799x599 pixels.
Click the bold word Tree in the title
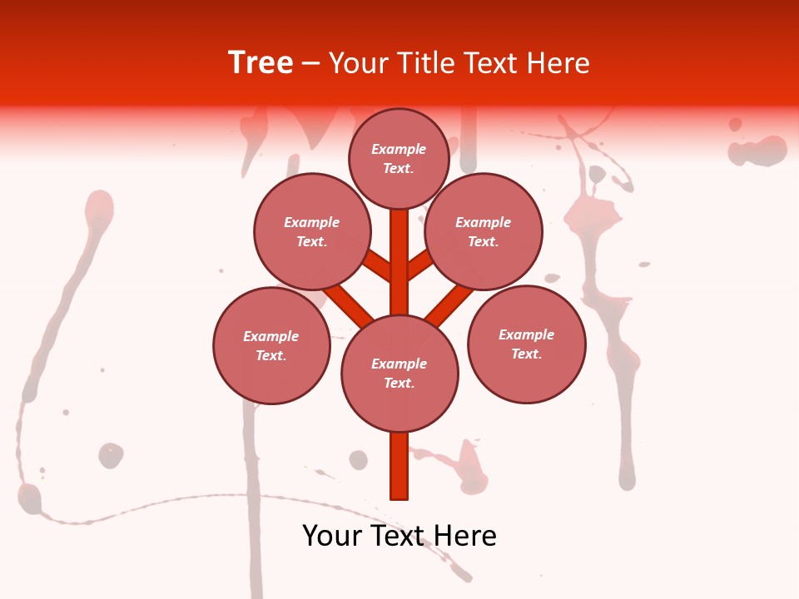point(261,63)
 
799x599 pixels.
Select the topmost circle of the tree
point(399,159)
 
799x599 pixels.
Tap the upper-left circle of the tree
point(312,232)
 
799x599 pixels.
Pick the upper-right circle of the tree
point(483,232)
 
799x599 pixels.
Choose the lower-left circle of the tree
point(271,346)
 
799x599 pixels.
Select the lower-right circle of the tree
point(526,344)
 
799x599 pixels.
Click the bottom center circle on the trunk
point(399,374)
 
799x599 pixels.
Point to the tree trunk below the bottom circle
point(399,466)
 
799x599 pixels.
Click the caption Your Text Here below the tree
point(399,536)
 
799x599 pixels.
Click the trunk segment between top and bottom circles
point(399,262)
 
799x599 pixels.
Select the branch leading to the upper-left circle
point(376,265)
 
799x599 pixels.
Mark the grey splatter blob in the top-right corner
point(757,151)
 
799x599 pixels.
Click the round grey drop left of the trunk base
point(358,460)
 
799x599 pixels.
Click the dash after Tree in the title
point(310,63)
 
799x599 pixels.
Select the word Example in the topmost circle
point(399,150)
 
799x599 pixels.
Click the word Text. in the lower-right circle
point(526,354)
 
